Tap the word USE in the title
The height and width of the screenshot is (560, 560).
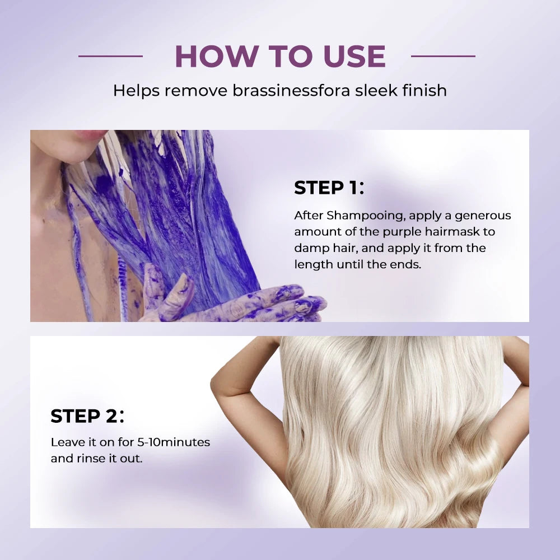352,56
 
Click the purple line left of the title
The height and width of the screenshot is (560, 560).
110,56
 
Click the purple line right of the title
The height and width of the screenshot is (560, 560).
443,56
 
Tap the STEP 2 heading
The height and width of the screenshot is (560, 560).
87,416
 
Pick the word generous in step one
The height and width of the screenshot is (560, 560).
483,216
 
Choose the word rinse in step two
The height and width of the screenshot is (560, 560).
89,459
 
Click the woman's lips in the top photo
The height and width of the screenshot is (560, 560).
90,135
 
